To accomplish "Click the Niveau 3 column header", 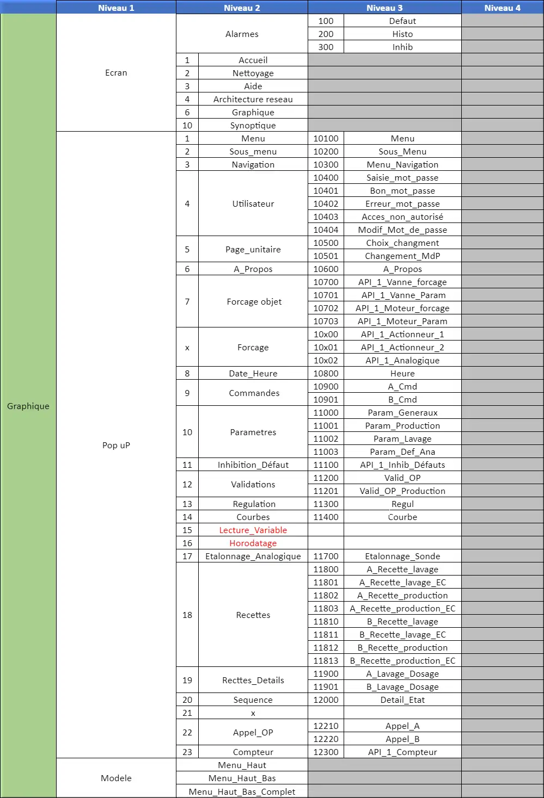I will pyautogui.click(x=384, y=8).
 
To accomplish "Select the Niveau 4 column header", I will pyautogui.click(x=502, y=8).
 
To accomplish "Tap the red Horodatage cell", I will pyautogui.click(x=253, y=543).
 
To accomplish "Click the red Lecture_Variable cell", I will pyautogui.click(x=253, y=530).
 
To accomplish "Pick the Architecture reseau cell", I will pyautogui.click(x=253, y=99).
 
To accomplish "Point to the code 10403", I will pyautogui.click(x=326, y=216).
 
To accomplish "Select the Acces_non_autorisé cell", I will pyautogui.click(x=402, y=216).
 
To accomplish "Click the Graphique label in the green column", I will pyautogui.click(x=28, y=406).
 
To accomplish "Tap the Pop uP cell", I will pyautogui.click(x=116, y=445).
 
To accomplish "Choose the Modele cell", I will pyautogui.click(x=116, y=778).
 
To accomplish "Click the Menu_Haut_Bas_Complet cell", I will pyautogui.click(x=242, y=791).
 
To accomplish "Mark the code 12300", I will pyautogui.click(x=326, y=752).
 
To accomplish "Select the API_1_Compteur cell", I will pyautogui.click(x=402, y=752).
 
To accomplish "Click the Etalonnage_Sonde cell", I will pyautogui.click(x=402, y=556).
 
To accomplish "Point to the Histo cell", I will pyautogui.click(x=402, y=34).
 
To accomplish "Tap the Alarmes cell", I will pyautogui.click(x=242, y=34).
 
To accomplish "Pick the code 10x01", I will pyautogui.click(x=326, y=347).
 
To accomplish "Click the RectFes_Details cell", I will pyautogui.click(x=253, y=680).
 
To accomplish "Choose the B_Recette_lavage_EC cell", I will pyautogui.click(x=402, y=634).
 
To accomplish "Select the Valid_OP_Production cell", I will pyautogui.click(x=402, y=491).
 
